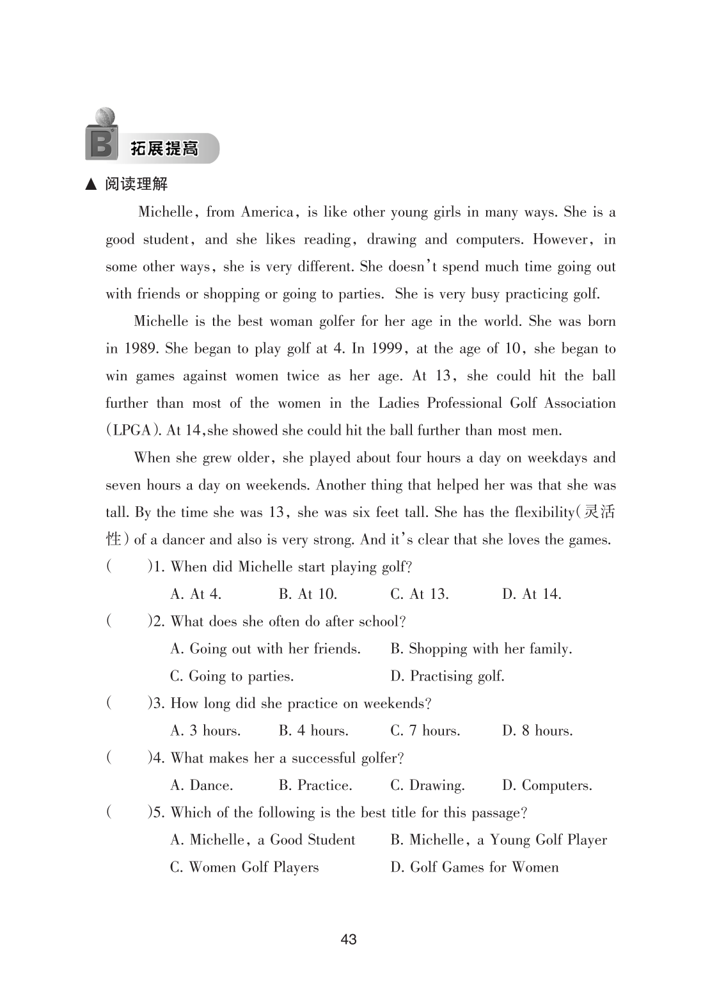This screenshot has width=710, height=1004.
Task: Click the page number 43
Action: [349, 939]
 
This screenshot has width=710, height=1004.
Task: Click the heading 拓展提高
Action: [164, 150]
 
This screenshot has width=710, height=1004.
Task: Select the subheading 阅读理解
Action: [136, 185]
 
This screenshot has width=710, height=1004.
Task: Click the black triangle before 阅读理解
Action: [91, 185]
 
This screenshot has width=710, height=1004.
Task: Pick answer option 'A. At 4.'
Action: [196, 594]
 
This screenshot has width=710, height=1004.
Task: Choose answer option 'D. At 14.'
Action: [532, 594]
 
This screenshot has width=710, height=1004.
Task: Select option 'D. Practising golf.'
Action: [447, 676]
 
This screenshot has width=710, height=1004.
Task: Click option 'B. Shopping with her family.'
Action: [481, 649]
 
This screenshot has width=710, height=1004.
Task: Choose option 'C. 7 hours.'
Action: [425, 731]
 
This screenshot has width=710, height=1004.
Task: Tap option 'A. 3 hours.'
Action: [205, 731]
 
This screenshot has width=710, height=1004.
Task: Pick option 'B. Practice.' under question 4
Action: [315, 785]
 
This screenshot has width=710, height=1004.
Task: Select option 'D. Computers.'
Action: [547, 785]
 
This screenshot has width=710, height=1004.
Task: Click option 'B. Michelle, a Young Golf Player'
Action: [498, 840]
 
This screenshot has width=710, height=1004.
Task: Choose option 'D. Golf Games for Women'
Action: [474, 867]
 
